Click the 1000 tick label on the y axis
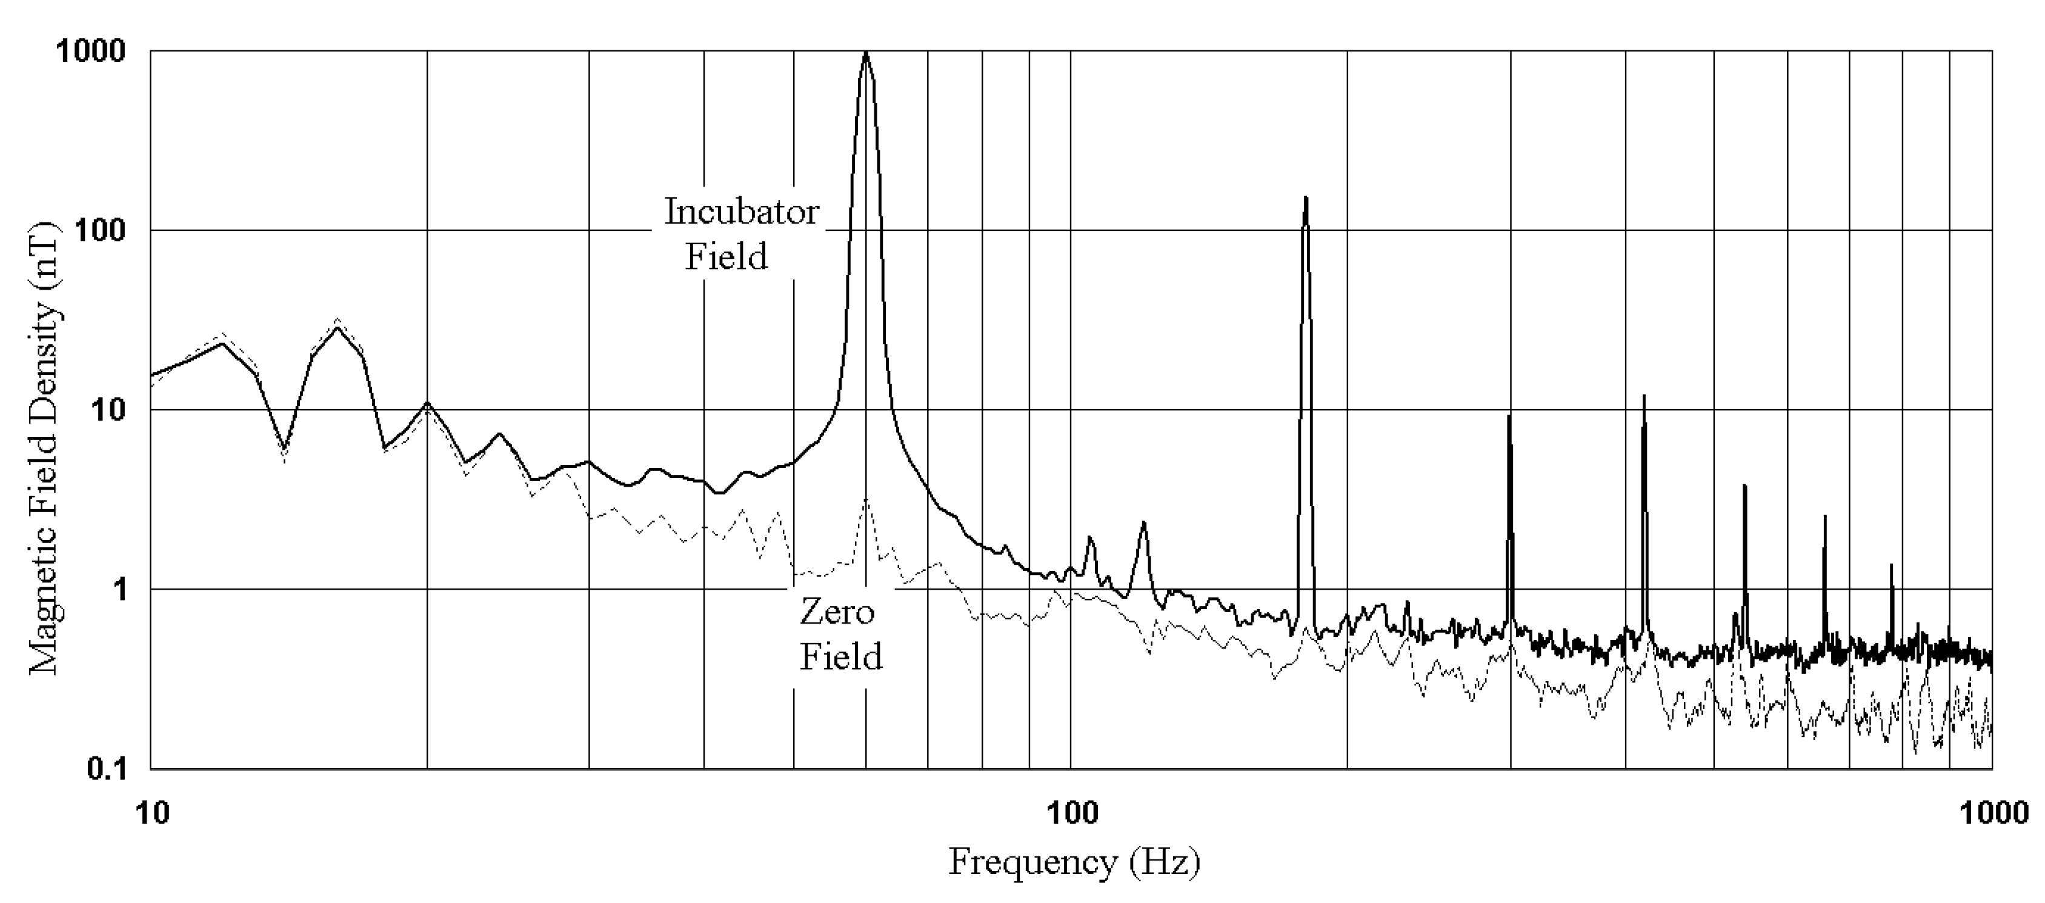click(x=90, y=52)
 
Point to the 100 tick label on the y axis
click(x=99, y=231)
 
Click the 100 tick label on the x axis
click(x=1072, y=813)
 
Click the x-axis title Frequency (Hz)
click(x=1074, y=862)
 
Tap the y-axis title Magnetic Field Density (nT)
click(x=44, y=448)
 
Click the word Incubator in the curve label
click(x=742, y=212)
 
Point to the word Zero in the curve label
click(x=837, y=612)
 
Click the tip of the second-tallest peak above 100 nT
click(x=1305, y=197)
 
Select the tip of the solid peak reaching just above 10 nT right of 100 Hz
click(x=1643, y=396)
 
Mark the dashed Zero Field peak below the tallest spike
click(x=866, y=499)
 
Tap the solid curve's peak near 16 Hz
click(x=338, y=327)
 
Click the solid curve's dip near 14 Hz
click(x=285, y=447)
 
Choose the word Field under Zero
click(x=840, y=658)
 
